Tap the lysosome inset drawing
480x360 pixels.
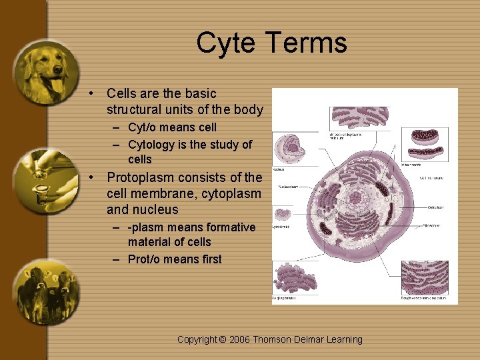point(283,215)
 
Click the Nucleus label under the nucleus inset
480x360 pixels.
point(279,170)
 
